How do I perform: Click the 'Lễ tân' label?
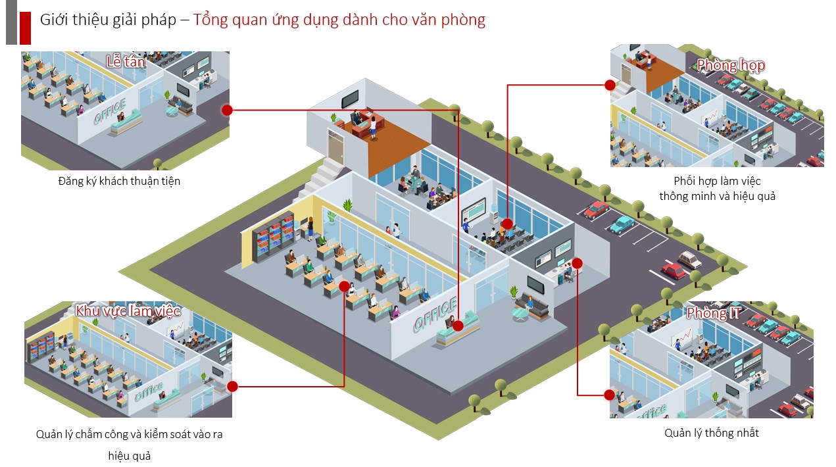pos(126,62)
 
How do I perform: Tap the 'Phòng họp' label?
pos(731,65)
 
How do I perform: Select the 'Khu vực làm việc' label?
pos(128,310)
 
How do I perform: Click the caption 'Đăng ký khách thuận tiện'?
pos(119,181)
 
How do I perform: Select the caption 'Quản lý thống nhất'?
pos(712,433)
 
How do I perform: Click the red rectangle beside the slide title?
pos(26,28)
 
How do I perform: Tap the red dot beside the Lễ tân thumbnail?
pos(227,110)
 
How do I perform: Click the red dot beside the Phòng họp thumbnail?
pos(610,85)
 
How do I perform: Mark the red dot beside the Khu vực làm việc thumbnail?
pos(232,386)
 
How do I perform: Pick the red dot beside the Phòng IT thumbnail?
pos(610,395)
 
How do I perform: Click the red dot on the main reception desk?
pos(458,326)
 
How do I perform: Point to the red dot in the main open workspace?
pos(344,285)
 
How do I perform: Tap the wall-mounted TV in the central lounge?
pos(535,284)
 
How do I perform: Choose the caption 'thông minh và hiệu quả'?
pos(717,196)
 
